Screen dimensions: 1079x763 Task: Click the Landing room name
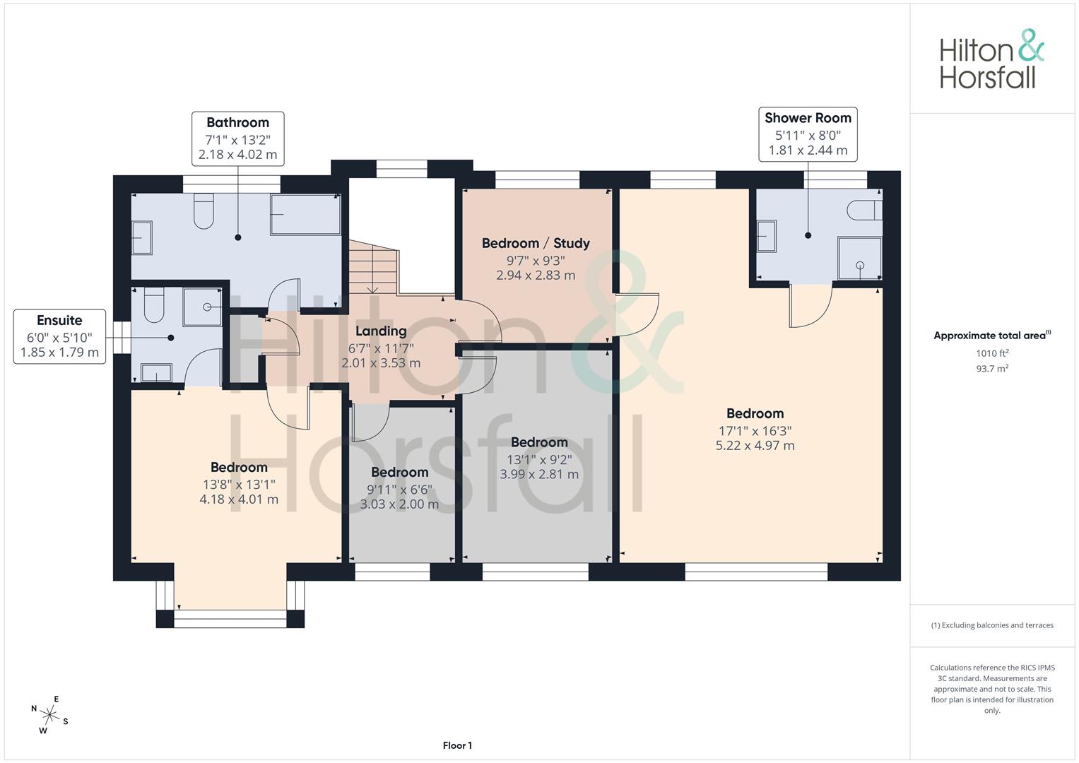[x=381, y=331]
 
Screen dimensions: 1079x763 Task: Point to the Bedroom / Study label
[x=536, y=243]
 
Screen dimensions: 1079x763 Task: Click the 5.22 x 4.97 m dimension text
[x=755, y=446]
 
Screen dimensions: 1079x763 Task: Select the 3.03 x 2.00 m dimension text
[x=399, y=504]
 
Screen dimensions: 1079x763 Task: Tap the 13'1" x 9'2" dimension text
[x=539, y=459]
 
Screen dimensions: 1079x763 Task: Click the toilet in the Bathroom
[x=204, y=211]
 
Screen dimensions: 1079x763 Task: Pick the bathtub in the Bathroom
[x=305, y=214]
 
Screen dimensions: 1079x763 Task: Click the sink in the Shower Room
[x=767, y=236]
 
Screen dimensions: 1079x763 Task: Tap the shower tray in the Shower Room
[x=860, y=258]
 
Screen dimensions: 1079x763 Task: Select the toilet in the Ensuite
[x=154, y=305]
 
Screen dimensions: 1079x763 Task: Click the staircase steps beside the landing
[x=373, y=267]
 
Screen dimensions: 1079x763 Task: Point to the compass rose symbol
[x=49, y=715]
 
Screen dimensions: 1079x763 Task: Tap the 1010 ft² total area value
[x=992, y=353]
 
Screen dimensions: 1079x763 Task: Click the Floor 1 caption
[x=457, y=745]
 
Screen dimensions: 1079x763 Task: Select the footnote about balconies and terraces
[x=992, y=625]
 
